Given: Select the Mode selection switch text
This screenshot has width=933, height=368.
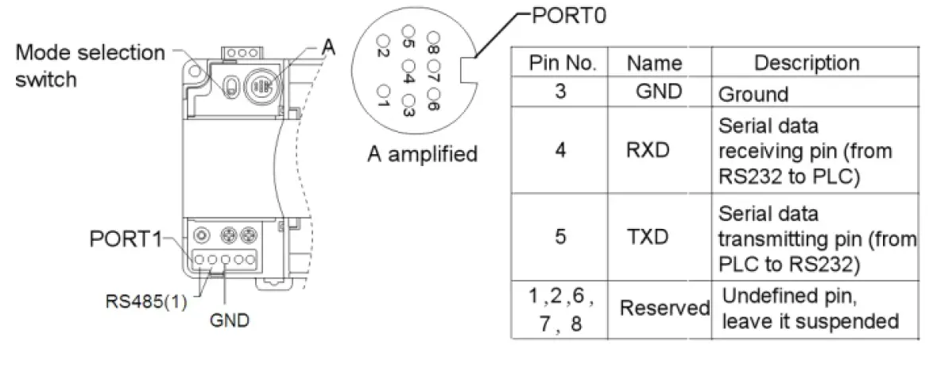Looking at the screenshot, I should pos(91,66).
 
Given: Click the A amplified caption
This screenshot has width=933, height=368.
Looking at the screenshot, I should pos(422,153).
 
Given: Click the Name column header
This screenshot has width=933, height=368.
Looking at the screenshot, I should pos(655,63).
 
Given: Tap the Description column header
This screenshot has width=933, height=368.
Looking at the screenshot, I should pos(806,63).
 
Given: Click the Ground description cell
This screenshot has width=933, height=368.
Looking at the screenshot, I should pos(753,95).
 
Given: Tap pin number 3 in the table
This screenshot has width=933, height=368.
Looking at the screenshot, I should pos(561,91).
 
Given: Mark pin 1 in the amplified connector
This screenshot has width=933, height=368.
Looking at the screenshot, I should pos(385,96).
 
